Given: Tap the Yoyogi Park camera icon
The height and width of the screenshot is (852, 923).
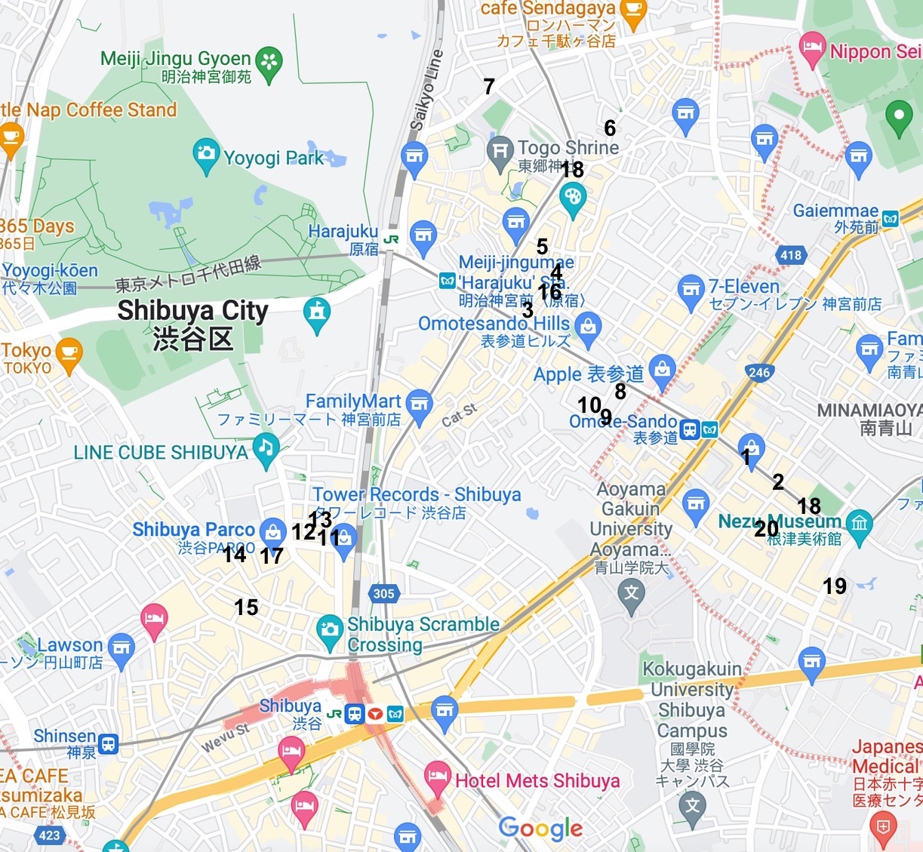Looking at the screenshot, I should coord(206,153).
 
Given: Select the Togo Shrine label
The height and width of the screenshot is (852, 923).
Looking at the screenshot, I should coord(568,148).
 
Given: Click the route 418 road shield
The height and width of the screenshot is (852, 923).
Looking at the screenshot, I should coord(791,255).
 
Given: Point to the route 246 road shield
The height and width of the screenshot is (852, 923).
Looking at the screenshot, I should coord(759,372).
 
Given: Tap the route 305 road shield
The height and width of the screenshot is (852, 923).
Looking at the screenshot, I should coord(383,593).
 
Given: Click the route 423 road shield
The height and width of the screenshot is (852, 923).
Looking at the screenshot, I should coord(49,835).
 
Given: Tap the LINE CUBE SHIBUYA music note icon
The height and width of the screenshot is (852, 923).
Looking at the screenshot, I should coord(265,447).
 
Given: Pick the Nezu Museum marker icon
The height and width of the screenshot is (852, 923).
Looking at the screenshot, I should coord(860,522).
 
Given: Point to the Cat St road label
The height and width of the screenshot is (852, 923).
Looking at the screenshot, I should coord(459,414).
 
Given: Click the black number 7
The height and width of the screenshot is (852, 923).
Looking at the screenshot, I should coord(489,87).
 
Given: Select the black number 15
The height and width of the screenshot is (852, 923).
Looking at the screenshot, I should coord(246,607).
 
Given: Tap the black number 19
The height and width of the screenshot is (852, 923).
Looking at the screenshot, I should coord(834,586).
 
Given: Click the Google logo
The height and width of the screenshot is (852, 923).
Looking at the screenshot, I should coord(540,828).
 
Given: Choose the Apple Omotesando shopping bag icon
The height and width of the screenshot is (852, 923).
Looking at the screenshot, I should coord(662,369).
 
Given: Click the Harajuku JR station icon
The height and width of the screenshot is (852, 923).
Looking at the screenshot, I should coord(391,239).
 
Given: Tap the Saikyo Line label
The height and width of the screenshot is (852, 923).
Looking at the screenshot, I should coord(425,89).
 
